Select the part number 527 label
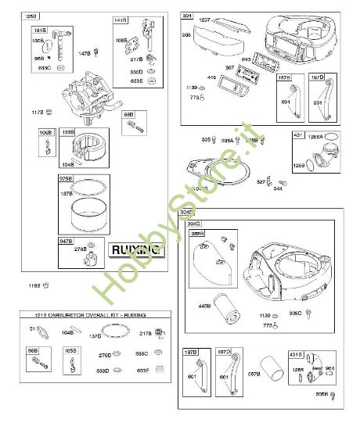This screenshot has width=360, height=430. point(261,181)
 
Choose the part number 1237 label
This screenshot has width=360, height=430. point(205,19)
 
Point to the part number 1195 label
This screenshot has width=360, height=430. point(34,285)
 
